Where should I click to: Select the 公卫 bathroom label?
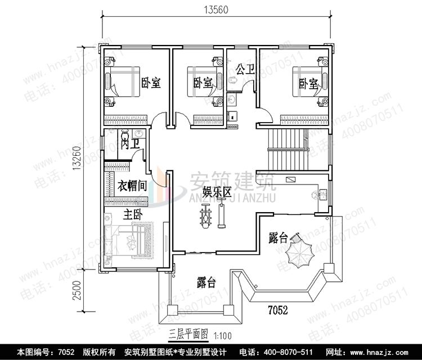[x=245, y=69]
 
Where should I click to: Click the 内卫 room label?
[x=129, y=143]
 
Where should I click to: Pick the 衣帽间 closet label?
[x=133, y=185]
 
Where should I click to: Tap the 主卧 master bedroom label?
[x=132, y=214]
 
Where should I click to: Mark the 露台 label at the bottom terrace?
[x=206, y=281]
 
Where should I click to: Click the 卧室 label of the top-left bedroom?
[x=151, y=83]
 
